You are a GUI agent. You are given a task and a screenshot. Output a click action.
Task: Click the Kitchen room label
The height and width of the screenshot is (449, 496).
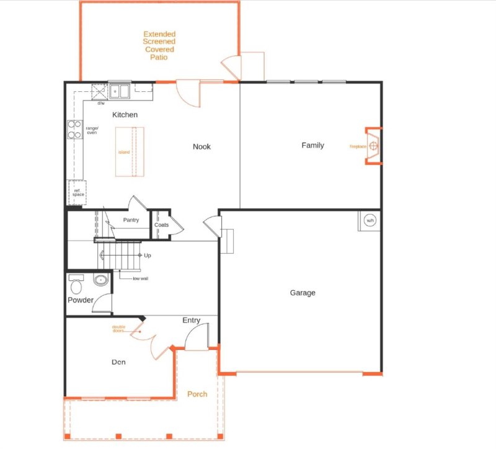125,115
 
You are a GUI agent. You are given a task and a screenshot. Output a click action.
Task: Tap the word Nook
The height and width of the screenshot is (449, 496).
201,146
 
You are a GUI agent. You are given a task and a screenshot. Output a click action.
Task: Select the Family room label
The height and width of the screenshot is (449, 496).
312,145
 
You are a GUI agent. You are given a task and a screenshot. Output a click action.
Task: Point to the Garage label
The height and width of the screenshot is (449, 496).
303,293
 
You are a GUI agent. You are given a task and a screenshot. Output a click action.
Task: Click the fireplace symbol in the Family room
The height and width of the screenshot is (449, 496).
373,146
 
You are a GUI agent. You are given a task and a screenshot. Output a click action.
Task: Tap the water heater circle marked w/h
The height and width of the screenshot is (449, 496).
370,221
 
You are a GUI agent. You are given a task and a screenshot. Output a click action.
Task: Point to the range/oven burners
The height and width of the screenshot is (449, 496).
74,129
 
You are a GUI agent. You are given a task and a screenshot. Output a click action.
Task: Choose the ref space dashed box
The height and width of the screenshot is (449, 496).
77,193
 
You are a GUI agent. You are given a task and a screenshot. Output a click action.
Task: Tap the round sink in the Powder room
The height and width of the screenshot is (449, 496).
100,280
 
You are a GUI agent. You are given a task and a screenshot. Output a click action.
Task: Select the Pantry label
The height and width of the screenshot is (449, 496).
131,220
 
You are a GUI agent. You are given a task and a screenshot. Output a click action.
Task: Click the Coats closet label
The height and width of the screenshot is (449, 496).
161,225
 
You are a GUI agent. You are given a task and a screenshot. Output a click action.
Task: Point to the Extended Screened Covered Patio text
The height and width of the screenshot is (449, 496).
159,45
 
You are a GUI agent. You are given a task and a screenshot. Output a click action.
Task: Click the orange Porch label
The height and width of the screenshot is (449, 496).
197,394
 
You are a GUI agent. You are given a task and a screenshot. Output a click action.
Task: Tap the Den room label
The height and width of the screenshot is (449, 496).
119,362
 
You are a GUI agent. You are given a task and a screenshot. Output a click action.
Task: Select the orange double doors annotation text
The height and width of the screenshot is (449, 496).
118,329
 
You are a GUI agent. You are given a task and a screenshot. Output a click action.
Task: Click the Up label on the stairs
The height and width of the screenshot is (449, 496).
148,255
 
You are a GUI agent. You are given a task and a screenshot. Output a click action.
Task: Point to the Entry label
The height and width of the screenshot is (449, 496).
191,320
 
